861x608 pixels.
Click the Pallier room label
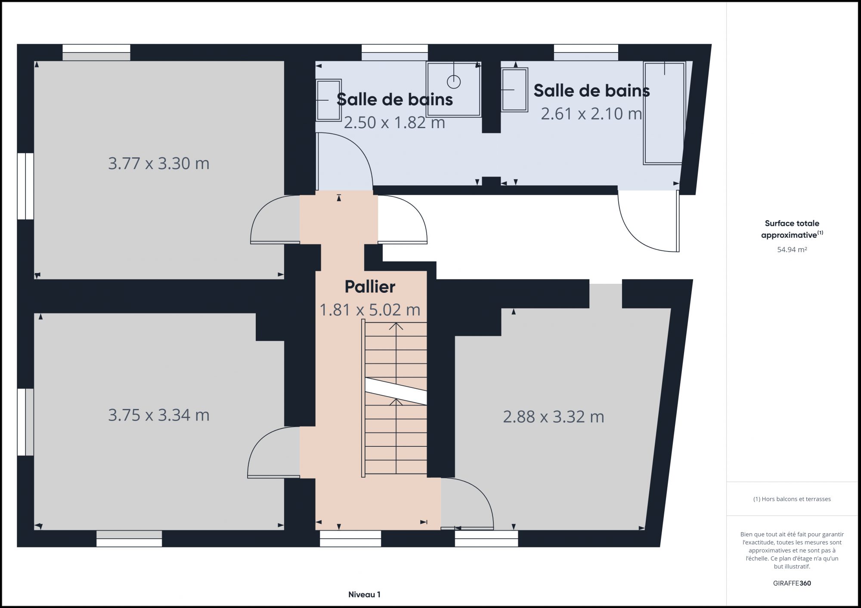click(370, 287)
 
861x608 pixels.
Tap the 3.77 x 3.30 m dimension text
click(158, 163)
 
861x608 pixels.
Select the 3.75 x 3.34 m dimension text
click(158, 415)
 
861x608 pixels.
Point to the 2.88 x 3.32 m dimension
click(554, 417)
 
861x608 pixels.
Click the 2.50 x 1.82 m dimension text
click(394, 123)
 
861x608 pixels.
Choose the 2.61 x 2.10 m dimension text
click(592, 114)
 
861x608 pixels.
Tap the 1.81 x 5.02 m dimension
click(370, 310)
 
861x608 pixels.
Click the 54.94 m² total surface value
click(792, 249)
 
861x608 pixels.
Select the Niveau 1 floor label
click(364, 595)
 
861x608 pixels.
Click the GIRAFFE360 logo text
click(792, 583)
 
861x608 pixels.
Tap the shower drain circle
click(454, 81)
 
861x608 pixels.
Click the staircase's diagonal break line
click(396, 391)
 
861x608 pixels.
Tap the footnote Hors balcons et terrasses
click(792, 499)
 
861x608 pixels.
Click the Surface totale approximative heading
click(792, 229)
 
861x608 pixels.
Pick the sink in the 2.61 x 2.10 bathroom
click(514, 90)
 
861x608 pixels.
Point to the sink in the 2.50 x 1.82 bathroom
click(328, 100)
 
